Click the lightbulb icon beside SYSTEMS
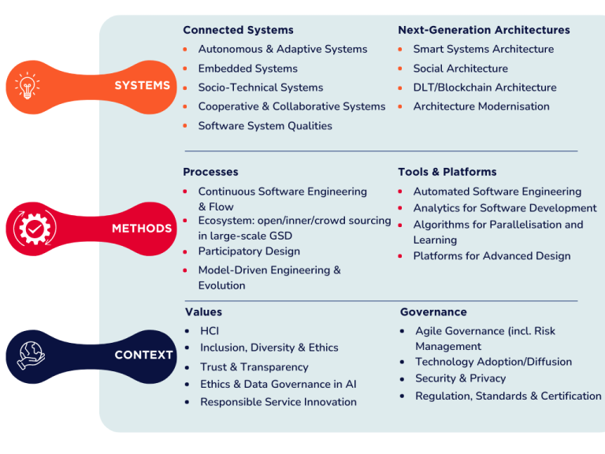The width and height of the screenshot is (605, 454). pyautogui.click(x=26, y=86)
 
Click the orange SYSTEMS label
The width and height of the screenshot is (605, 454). pyautogui.click(x=142, y=85)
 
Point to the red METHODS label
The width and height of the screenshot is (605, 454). pyautogui.click(x=142, y=229)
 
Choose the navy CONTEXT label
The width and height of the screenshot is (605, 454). pyautogui.click(x=143, y=355)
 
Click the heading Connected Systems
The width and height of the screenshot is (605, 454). pyautogui.click(x=238, y=30)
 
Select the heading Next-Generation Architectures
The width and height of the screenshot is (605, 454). pyautogui.click(x=484, y=30)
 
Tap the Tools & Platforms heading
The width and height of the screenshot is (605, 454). pyautogui.click(x=447, y=172)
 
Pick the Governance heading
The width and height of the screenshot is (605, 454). pyautogui.click(x=433, y=312)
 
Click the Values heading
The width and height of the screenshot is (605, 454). pyautogui.click(x=203, y=312)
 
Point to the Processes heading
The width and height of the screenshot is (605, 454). pyautogui.click(x=210, y=172)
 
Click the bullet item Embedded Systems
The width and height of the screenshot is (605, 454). pyautogui.click(x=247, y=69)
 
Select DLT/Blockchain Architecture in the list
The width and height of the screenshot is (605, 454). pyautogui.click(x=484, y=87)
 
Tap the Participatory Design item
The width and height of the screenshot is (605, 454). pyautogui.click(x=249, y=251)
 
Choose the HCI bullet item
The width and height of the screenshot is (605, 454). pyautogui.click(x=210, y=331)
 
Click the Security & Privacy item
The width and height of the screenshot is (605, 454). pyautogui.click(x=460, y=378)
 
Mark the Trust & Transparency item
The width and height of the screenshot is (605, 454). pyautogui.click(x=254, y=367)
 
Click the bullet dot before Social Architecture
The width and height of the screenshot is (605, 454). pyautogui.click(x=401, y=69)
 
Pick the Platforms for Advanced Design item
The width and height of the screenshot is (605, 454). pyautogui.click(x=492, y=256)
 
